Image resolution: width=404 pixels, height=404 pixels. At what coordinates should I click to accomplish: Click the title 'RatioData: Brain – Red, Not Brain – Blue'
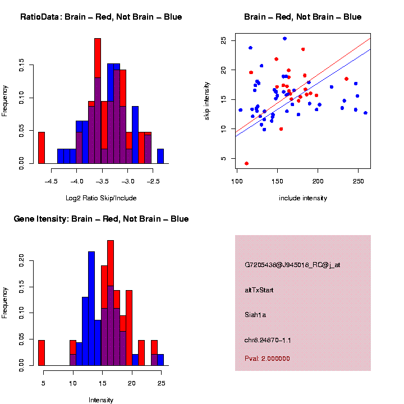[x=101, y=17]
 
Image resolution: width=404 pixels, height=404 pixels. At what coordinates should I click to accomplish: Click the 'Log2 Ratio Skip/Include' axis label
[x=101, y=198]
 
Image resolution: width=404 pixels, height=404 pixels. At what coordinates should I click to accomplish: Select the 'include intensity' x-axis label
[x=303, y=198]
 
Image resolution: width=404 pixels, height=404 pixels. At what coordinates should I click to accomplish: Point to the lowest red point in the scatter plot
[x=246, y=163]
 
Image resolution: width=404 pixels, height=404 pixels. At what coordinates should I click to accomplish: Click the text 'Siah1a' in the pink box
[x=255, y=315]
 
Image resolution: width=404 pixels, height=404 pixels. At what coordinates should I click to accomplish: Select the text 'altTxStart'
[x=259, y=290]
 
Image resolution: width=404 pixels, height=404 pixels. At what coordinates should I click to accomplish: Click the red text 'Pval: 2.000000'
[x=267, y=358]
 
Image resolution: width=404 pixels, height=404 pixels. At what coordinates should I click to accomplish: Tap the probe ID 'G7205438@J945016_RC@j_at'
[x=292, y=265]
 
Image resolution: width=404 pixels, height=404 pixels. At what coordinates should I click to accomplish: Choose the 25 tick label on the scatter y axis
[x=224, y=41]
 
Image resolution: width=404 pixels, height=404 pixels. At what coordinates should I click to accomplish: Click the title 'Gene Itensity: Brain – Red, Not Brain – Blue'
[x=101, y=219]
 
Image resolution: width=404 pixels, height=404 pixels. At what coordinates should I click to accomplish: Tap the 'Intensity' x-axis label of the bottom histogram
[x=101, y=400]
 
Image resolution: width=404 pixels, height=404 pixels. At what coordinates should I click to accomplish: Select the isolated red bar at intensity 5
[x=41, y=353]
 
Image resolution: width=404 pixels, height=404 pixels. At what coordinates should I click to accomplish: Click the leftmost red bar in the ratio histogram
[x=41, y=148]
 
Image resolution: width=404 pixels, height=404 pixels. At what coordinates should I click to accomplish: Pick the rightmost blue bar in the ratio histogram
[x=160, y=157]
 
